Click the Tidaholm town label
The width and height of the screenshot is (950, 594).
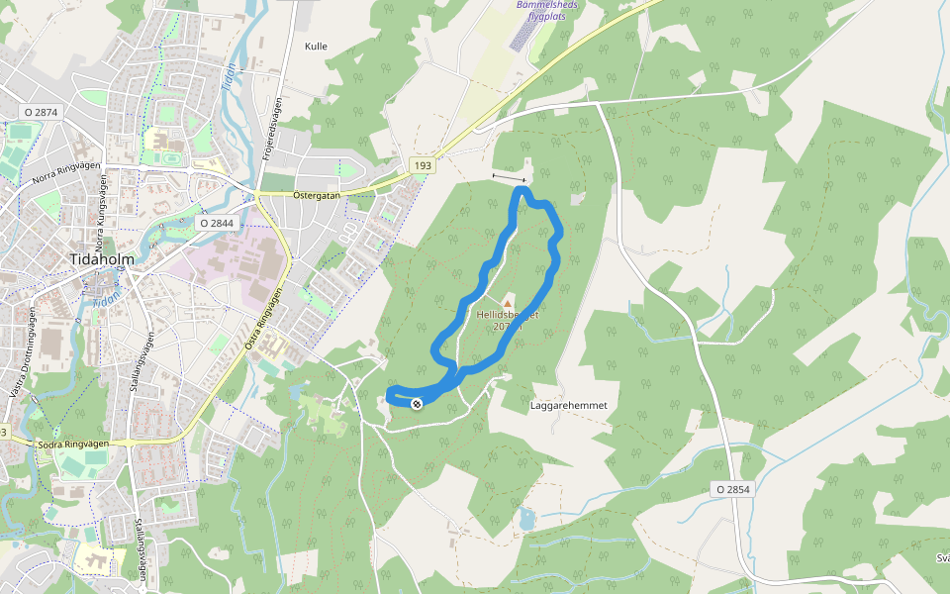coord(102,259)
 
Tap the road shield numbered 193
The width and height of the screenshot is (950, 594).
coord(423,165)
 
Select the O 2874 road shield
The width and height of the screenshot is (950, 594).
coord(40,112)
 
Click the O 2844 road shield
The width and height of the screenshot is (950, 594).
coord(217,224)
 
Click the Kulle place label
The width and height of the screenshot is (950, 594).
coord(316,47)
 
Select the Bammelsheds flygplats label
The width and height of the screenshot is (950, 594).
coord(548,10)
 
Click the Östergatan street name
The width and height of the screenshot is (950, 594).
coord(316,195)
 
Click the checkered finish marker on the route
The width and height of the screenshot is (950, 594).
coord(417,403)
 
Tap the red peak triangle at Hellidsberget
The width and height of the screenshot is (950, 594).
coord(509,302)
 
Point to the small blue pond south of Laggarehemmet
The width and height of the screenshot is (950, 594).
coord(525,518)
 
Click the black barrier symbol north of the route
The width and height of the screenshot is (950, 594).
coord(509,177)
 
